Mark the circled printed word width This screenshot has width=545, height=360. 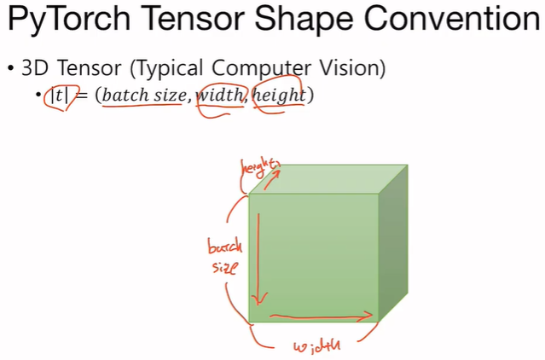[x=220, y=96]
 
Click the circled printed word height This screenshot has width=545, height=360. [x=278, y=96]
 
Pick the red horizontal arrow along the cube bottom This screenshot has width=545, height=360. [x=322, y=316]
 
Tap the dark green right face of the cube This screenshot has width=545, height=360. [x=395, y=247]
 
